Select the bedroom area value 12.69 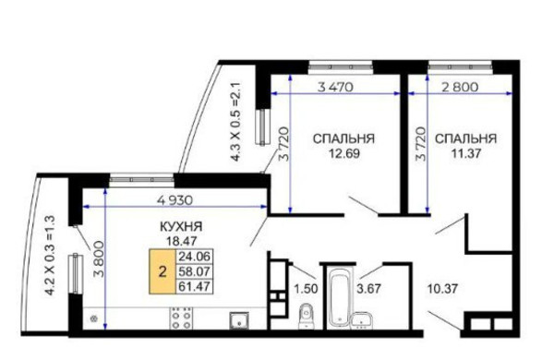(342, 154)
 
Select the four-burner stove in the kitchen (181, 319)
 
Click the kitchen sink (238, 321)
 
